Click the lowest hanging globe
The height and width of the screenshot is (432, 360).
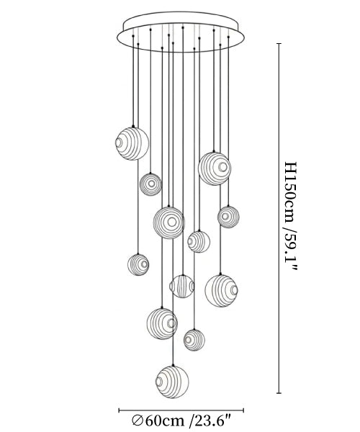172,382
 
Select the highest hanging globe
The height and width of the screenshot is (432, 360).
132,143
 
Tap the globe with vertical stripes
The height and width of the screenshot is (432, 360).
181,287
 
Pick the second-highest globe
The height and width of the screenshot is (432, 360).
215,168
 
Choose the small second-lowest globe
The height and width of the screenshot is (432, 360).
194,340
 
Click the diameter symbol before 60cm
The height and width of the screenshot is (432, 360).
138,421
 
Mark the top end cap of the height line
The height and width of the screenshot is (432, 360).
279,43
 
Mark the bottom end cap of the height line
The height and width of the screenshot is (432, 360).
279,393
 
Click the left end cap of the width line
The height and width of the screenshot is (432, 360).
119,410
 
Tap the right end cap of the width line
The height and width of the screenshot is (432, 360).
243,410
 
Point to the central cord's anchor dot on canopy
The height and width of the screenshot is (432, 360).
183,27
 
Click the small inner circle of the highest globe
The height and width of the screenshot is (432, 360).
119,143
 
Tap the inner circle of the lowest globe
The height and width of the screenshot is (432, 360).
159,382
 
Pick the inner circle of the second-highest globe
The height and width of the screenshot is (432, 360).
223,167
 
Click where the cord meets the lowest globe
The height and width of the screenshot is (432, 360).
173,366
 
